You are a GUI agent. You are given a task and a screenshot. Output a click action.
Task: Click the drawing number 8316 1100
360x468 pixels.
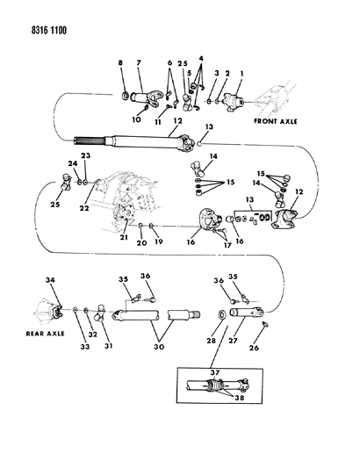pyautogui.click(x=34, y=29)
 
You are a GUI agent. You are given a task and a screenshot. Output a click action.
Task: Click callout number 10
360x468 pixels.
pyautogui.click(x=135, y=119)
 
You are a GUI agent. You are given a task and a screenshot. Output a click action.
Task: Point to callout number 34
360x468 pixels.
pyautogui.click(x=48, y=280)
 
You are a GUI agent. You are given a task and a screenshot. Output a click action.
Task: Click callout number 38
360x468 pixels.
pyautogui.click(x=231, y=398)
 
